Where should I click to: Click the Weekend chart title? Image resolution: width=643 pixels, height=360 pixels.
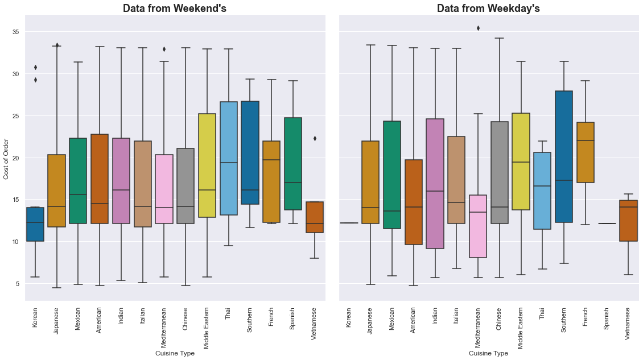(175, 8)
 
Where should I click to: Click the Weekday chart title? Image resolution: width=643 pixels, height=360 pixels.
(488, 8)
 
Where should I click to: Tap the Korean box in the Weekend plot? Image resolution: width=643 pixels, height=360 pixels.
(35, 224)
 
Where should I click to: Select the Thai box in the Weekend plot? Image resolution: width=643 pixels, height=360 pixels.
(228, 159)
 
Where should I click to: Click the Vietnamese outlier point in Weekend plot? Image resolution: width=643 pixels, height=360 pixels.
(315, 138)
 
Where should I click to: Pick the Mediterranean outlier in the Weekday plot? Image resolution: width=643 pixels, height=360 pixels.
(478, 28)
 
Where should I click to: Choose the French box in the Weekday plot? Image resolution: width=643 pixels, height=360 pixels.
(585, 152)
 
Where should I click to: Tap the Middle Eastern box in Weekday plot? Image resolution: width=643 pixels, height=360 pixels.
(521, 162)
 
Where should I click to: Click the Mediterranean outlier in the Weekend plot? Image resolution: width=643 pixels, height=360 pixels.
(164, 49)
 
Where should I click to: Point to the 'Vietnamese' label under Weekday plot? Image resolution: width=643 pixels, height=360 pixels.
(628, 324)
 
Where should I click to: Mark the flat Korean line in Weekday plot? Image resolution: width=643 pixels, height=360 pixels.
(349, 223)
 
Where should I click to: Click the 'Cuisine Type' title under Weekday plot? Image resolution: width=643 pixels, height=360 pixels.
(488, 353)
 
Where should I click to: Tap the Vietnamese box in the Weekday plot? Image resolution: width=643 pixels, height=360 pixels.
(628, 221)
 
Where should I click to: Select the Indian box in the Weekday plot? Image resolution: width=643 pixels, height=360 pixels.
(435, 184)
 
